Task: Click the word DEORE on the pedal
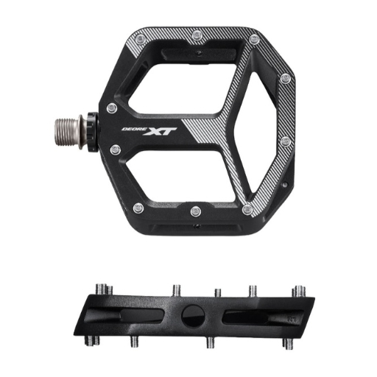[134, 129]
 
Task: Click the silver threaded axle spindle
[68, 130]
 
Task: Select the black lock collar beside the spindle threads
[93, 130]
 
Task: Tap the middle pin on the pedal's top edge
[197, 36]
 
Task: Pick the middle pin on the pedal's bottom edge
[196, 211]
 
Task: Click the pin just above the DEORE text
[112, 108]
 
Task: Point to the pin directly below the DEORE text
[116, 149]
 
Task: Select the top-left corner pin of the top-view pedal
[140, 39]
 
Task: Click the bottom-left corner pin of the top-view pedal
[138, 208]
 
